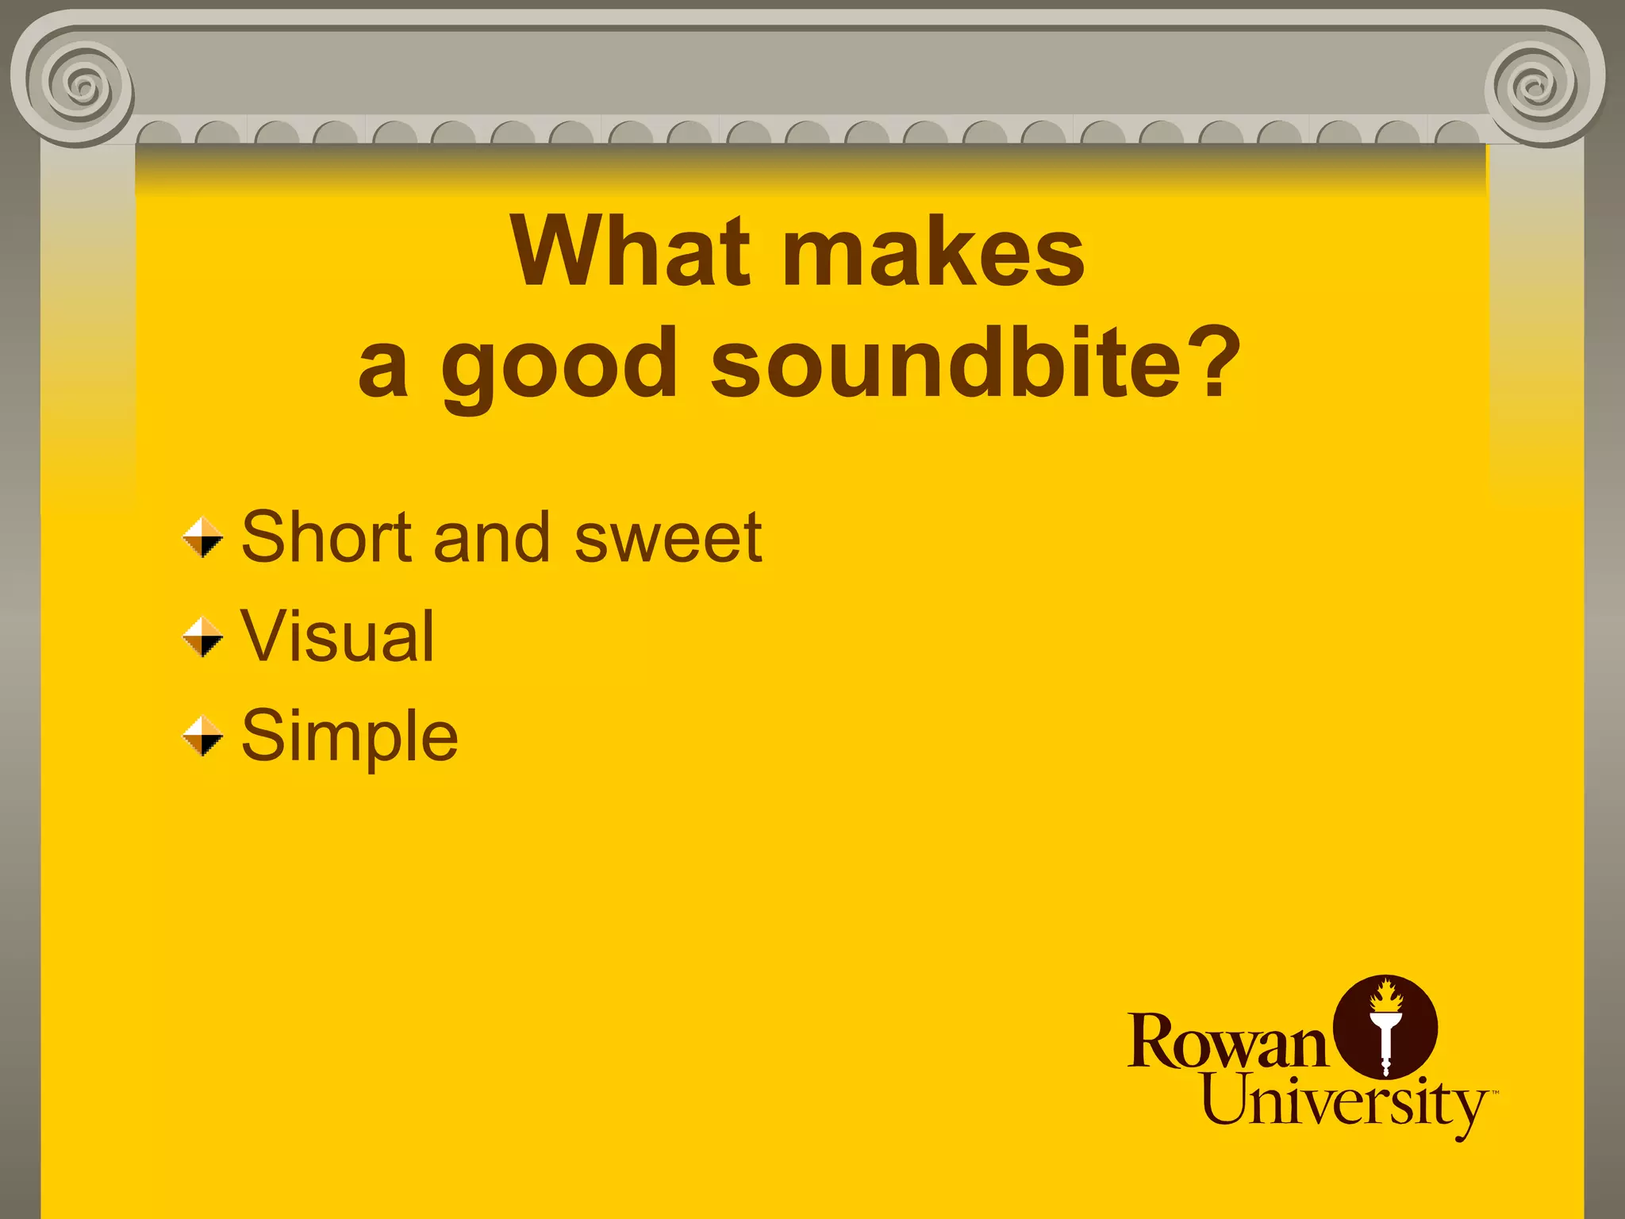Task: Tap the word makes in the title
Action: tap(934, 252)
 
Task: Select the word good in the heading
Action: tap(559, 365)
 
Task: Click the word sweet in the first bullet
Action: tap(668, 538)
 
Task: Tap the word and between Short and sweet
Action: tap(492, 538)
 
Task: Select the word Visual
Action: tap(337, 636)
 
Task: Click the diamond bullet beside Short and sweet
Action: tap(202, 538)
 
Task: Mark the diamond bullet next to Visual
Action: tap(202, 637)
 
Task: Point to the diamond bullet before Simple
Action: tap(202, 736)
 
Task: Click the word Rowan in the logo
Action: tap(1227, 1041)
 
